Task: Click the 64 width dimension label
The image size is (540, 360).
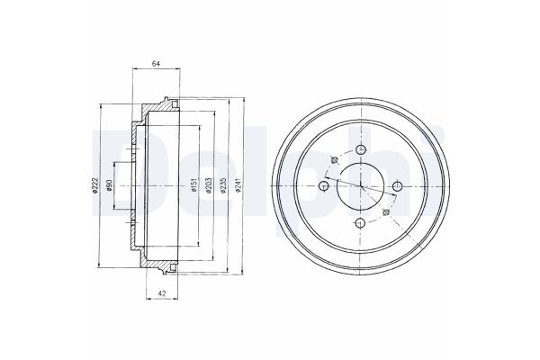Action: click(156, 63)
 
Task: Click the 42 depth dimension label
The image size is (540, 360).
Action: click(162, 293)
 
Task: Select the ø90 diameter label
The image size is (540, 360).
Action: click(109, 185)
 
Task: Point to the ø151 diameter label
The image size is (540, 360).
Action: click(193, 185)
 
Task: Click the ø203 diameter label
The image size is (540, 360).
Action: click(209, 185)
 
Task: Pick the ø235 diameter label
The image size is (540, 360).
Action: click(223, 185)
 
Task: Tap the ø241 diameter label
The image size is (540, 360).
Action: click(238, 185)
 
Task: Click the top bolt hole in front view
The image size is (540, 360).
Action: click(360, 149)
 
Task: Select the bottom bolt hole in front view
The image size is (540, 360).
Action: click(360, 223)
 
